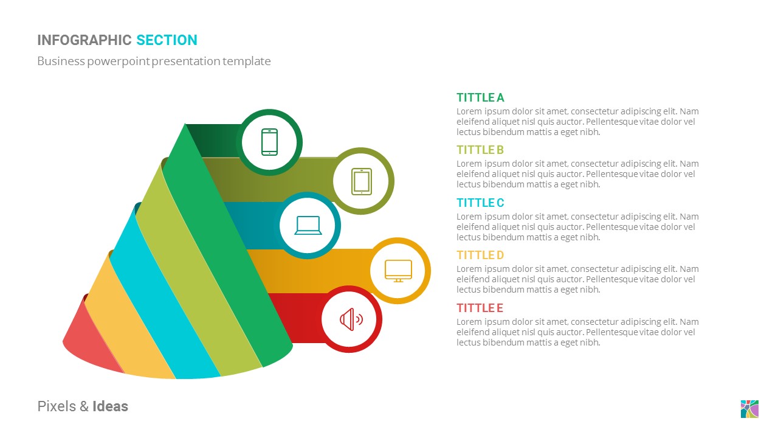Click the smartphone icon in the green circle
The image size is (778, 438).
click(269, 142)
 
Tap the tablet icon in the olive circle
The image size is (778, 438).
click(362, 181)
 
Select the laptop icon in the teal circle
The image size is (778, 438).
click(308, 226)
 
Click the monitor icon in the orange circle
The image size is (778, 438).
click(398, 271)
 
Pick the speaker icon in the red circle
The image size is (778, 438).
click(351, 319)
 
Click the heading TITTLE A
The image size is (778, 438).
click(480, 97)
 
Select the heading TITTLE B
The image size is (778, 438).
click(480, 150)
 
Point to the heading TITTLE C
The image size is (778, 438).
click(480, 203)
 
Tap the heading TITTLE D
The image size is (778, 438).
click(480, 255)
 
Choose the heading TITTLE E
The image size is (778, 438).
click(480, 308)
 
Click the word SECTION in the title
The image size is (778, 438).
click(167, 40)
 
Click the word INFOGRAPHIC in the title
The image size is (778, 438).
click(84, 40)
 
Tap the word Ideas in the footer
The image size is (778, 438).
click(110, 406)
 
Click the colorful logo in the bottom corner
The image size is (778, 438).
click(749, 409)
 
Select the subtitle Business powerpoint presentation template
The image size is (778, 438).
click(154, 61)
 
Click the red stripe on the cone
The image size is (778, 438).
click(91, 344)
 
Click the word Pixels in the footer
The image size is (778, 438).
click(56, 406)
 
